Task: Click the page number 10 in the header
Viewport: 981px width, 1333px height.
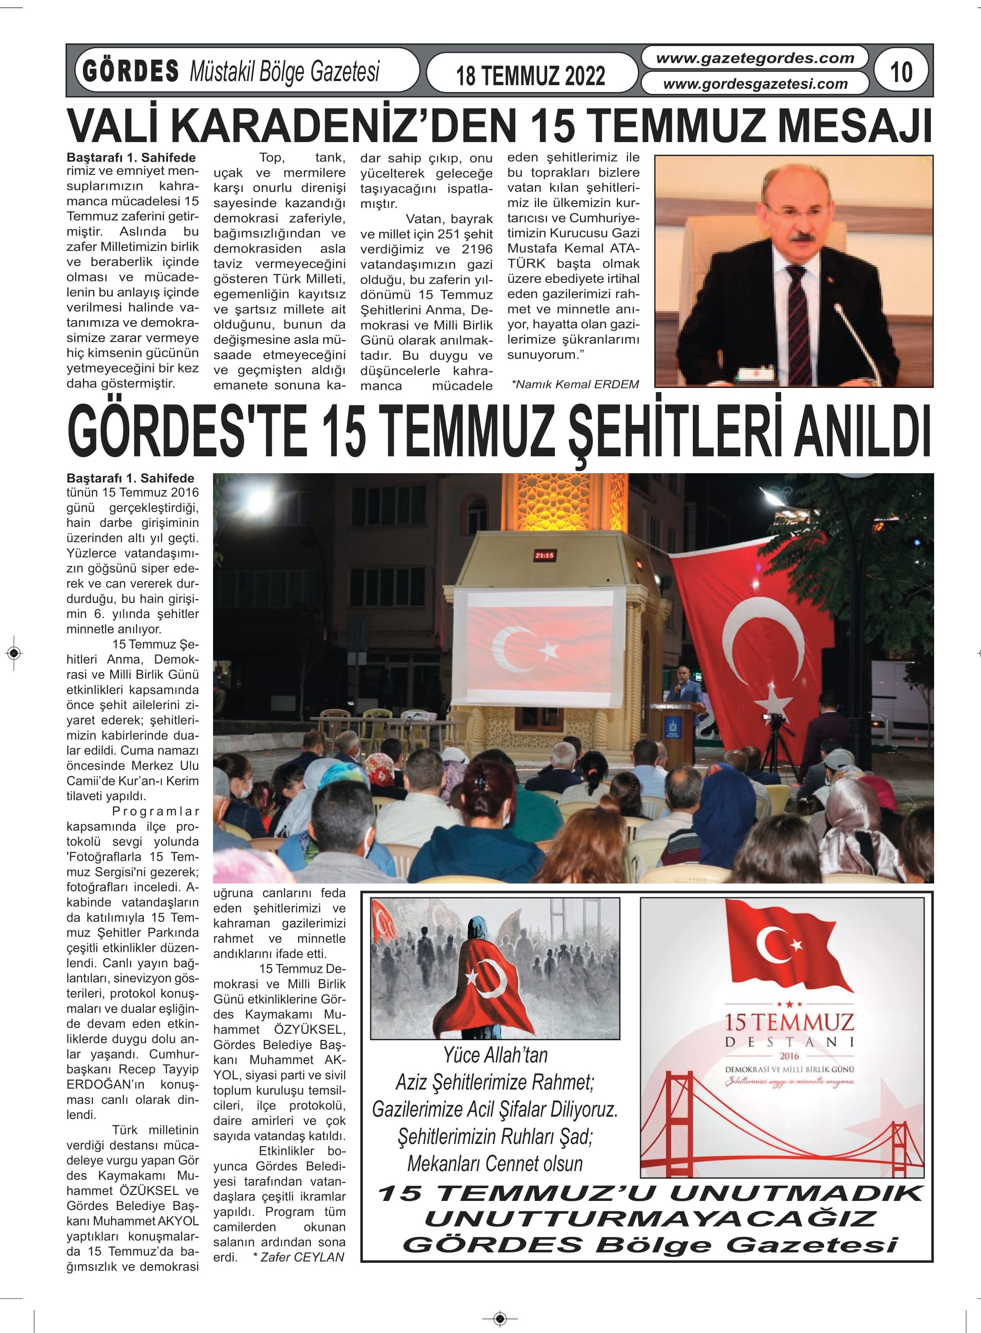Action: coord(901,72)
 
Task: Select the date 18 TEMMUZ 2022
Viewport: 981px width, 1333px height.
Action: coord(530,76)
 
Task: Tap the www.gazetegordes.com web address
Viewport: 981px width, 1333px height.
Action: coord(755,58)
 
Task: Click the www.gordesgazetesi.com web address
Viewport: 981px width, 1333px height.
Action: coord(755,84)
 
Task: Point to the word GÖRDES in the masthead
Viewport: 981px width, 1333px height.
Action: coord(131,71)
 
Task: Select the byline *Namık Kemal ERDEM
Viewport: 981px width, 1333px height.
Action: coord(575,384)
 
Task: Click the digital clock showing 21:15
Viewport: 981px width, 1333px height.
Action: coord(544,556)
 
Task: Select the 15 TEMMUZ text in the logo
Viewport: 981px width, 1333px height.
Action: coord(788,1022)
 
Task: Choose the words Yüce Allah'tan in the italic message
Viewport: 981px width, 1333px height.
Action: coord(495,1055)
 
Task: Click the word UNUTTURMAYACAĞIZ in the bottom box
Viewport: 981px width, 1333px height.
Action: coord(650,1219)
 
